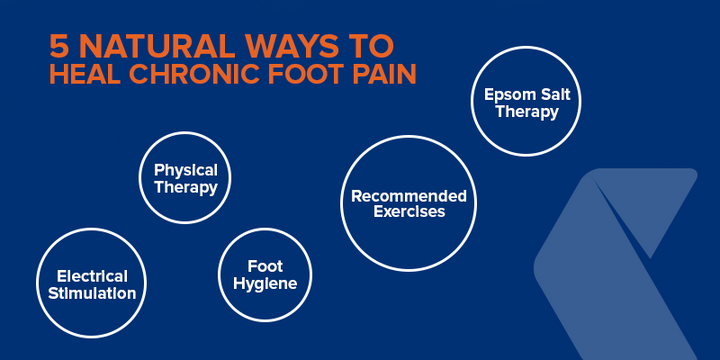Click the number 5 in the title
(59, 46)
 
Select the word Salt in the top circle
(553, 94)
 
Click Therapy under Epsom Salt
(527, 111)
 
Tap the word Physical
(186, 170)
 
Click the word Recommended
(408, 195)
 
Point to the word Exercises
(408, 212)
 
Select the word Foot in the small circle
(265, 266)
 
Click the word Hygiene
(265, 283)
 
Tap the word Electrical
(92, 276)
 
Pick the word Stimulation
(92, 293)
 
